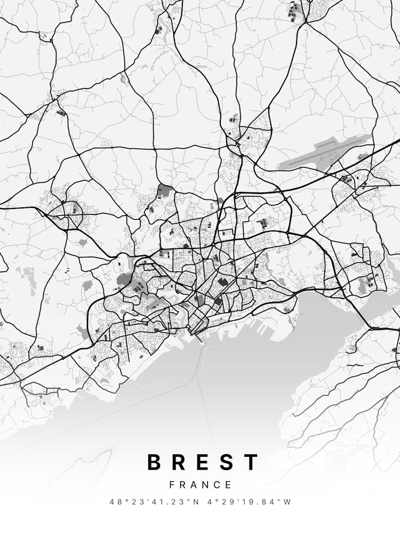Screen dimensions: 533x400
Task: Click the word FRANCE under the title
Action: pos(201,485)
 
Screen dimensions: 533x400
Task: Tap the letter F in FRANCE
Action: pos(172,485)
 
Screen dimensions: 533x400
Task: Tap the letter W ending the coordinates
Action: pos(288,502)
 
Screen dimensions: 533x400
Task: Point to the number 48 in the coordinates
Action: pos(114,502)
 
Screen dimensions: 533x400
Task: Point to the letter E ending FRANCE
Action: pos(229,485)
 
